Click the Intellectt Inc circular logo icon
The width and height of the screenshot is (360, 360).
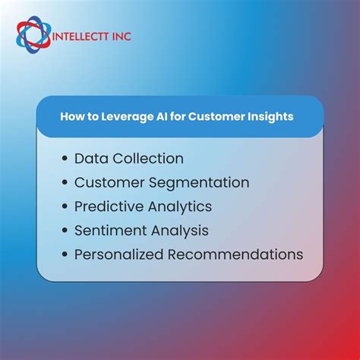click(32, 35)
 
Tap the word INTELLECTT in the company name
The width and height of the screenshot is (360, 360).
click(79, 36)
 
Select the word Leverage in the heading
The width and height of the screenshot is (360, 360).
click(120, 117)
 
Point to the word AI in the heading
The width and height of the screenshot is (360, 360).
click(155, 117)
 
